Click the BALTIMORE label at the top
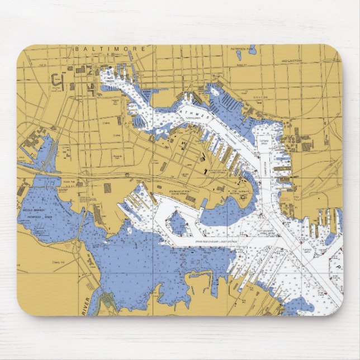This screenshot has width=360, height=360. (110, 49)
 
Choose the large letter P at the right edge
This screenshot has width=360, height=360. (338, 268)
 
